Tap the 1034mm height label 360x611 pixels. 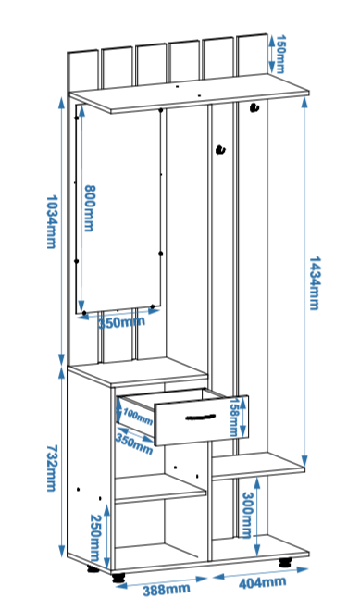(52, 222)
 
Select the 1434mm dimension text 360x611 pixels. (315, 283)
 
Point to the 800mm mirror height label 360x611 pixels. (90, 208)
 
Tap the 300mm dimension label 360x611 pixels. (247, 515)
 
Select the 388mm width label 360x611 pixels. (167, 590)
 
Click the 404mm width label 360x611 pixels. (262, 582)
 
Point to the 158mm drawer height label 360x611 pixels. (234, 417)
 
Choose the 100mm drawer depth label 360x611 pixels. (138, 416)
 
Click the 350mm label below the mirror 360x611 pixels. (121, 322)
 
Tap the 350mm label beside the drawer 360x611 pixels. (134, 444)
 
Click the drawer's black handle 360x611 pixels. (201, 417)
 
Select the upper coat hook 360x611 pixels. (254, 107)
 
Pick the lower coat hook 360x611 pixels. (221, 149)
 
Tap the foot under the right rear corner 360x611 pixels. (285, 562)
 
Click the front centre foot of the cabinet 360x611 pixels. (118, 577)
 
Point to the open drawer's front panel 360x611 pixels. (202, 420)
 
